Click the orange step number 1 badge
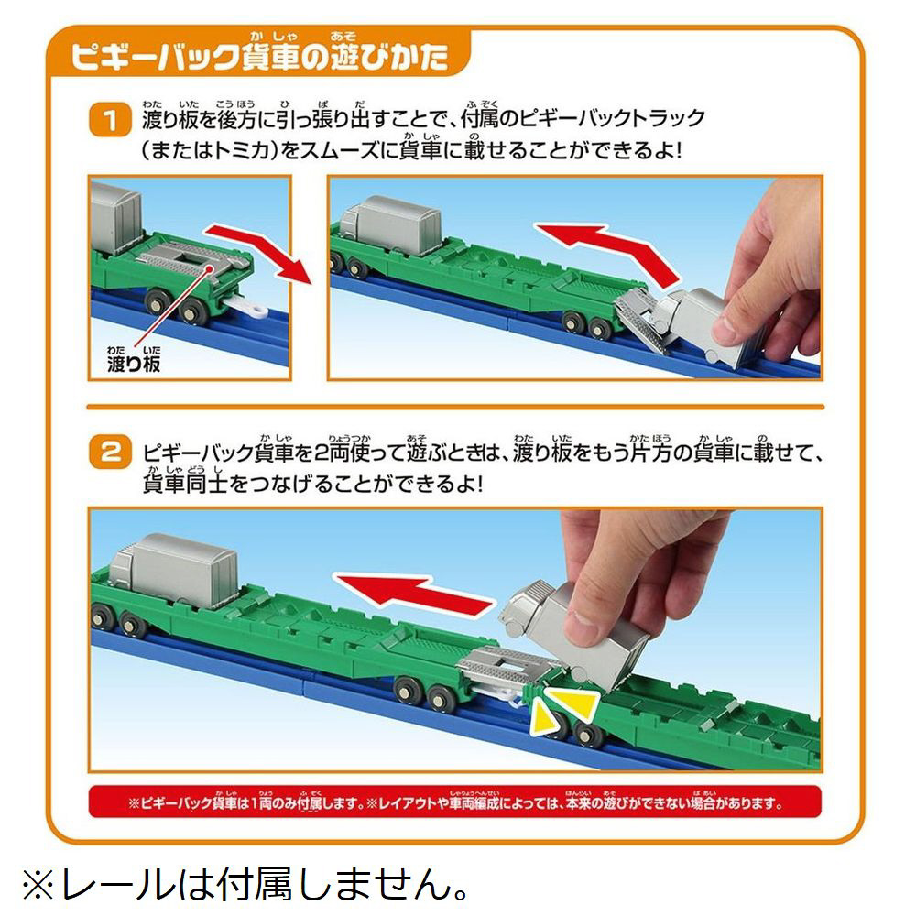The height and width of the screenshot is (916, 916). (110, 120)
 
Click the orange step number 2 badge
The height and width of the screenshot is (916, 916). (110, 453)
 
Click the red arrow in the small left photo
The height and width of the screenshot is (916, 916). (257, 250)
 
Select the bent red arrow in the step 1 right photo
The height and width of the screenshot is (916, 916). (607, 251)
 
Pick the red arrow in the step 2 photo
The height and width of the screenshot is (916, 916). (416, 593)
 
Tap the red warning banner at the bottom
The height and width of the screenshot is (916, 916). (454, 802)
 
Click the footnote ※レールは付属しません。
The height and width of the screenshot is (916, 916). (245, 885)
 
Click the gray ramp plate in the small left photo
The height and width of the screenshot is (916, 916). (192, 262)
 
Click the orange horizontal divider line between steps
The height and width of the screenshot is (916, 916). (455, 408)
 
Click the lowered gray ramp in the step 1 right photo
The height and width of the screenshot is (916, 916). (643, 320)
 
